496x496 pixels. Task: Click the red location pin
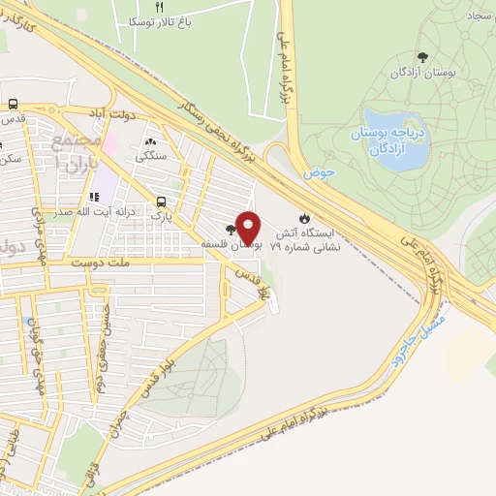(x=249, y=226)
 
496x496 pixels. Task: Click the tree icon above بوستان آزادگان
(x=422, y=58)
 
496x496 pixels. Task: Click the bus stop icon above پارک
(x=161, y=201)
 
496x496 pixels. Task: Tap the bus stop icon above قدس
(x=14, y=104)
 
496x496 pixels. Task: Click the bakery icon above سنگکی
(x=151, y=139)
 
